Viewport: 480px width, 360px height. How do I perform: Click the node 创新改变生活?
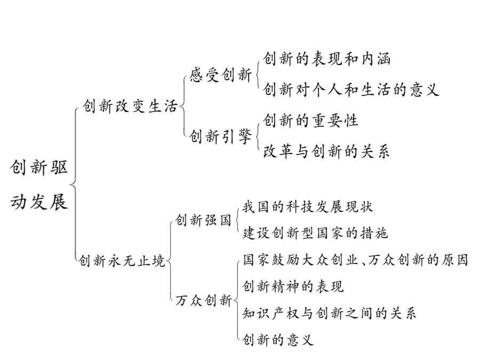130,107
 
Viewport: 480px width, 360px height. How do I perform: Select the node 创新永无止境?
122,261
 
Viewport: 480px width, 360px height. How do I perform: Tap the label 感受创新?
220,75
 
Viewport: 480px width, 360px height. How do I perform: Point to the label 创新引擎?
220,136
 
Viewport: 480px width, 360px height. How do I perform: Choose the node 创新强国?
203,220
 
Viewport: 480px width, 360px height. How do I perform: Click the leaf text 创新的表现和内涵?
326,59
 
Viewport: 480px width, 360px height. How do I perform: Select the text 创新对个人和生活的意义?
351,90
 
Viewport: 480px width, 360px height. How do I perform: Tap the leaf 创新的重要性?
310,121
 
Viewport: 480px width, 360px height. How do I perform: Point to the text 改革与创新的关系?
326,151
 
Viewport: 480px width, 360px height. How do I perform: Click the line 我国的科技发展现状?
308,207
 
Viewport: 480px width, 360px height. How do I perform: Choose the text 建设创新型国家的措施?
315,233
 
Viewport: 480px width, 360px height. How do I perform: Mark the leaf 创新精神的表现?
293,286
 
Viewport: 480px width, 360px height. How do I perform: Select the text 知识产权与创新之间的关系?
329,313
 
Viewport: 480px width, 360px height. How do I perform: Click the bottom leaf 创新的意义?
278,340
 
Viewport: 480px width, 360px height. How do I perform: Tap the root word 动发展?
39,202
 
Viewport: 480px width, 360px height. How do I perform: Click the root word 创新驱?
39,167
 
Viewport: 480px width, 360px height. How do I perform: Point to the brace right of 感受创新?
257,74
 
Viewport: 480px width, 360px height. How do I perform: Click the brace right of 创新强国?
237,220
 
